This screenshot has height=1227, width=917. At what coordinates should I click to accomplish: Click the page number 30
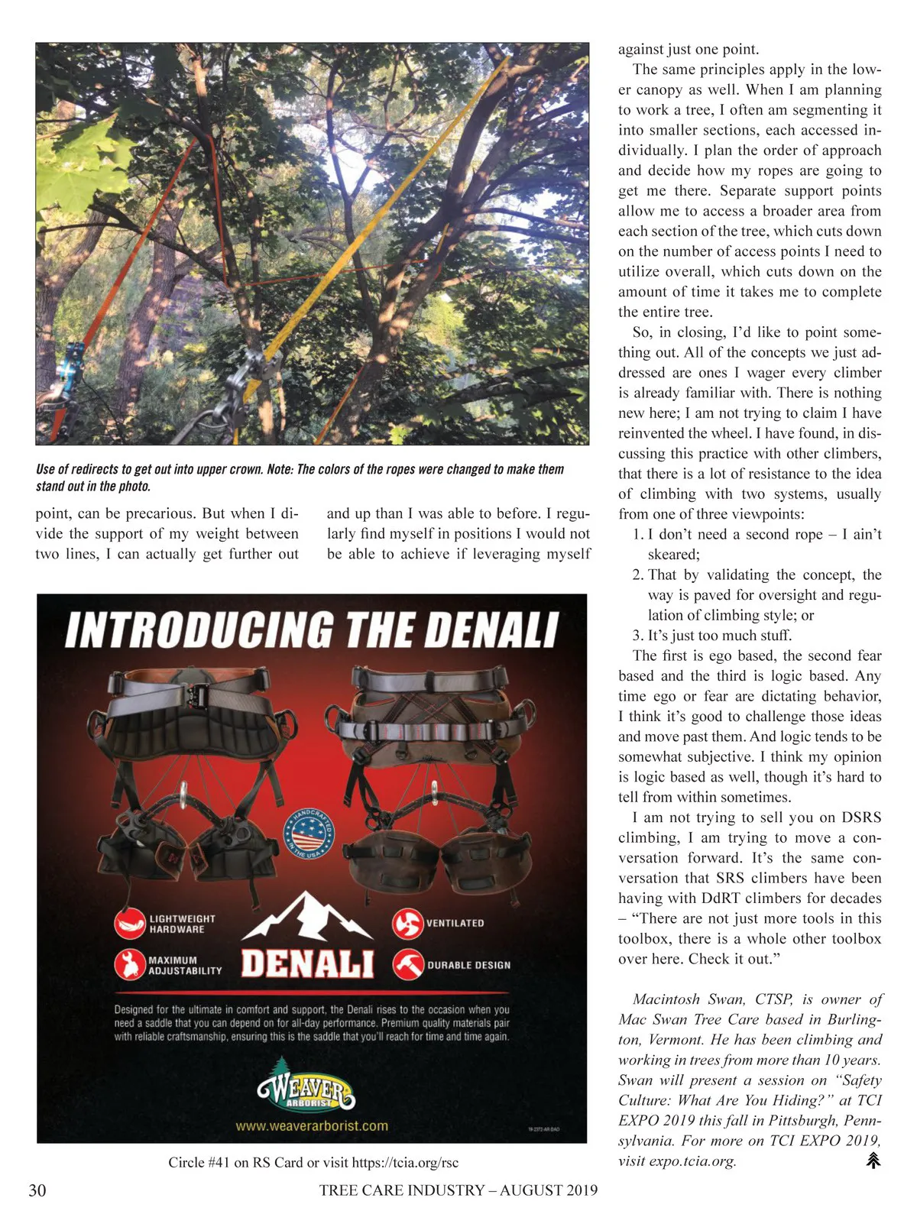37,1190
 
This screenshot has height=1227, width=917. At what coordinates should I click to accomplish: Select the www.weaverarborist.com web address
312,1126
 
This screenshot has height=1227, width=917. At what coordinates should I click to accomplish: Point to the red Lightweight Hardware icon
130,924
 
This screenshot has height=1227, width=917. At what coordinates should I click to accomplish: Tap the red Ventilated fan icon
407,924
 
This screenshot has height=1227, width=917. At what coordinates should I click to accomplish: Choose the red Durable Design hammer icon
408,964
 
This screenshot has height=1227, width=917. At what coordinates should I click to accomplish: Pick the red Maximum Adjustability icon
130,964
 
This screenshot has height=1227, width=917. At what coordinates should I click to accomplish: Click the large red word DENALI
307,964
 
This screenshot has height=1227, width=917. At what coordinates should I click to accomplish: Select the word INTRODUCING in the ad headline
199,631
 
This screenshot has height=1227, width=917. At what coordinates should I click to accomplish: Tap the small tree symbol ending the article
873,1161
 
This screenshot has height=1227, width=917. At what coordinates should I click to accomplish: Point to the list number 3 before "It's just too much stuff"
637,636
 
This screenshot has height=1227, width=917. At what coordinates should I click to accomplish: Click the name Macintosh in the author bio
666,999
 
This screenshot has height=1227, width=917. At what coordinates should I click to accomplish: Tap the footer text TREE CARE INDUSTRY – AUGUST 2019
458,1190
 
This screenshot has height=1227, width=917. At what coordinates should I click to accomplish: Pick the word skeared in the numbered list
673,555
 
